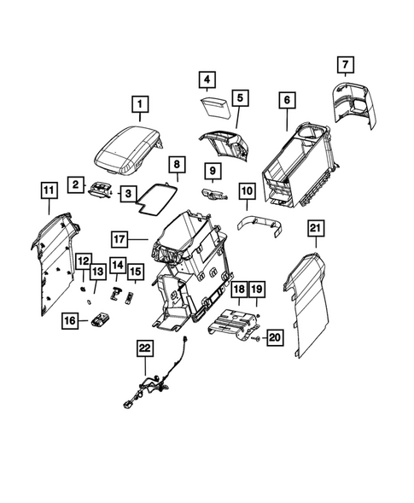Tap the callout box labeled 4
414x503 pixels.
pyautogui.click(x=207, y=81)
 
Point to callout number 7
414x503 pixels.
pyautogui.click(x=346, y=64)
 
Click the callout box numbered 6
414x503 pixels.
pyautogui.click(x=286, y=100)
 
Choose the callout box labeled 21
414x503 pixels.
pyautogui.click(x=315, y=227)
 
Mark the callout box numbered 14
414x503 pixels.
pyautogui.click(x=117, y=265)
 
